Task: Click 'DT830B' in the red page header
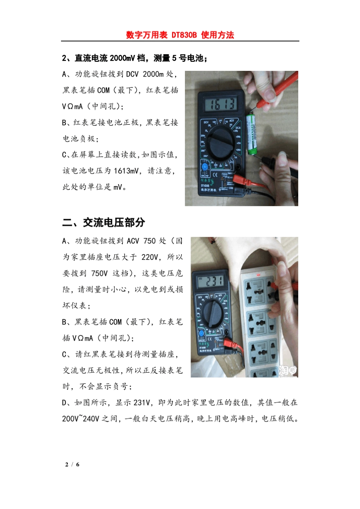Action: coord(184,35)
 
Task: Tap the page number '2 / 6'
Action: coord(72,464)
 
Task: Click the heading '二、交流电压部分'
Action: coord(103,222)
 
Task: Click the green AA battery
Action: coord(251,134)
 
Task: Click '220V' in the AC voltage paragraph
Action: coord(150,257)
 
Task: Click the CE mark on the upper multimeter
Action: coord(214,175)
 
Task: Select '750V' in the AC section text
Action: coord(99,273)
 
